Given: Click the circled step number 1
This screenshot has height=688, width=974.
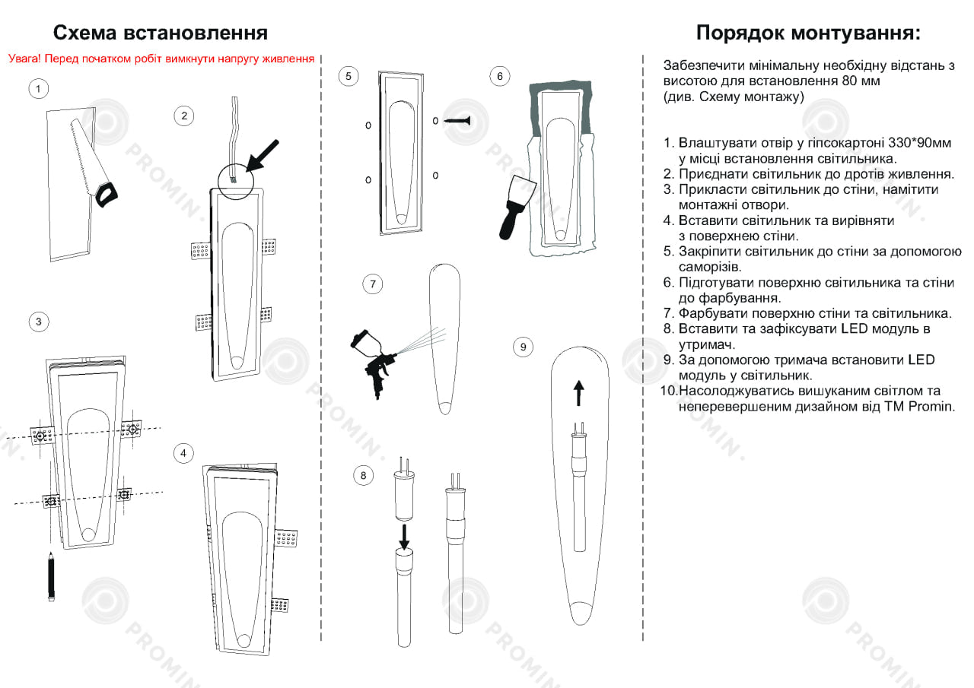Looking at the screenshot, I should coord(39,89).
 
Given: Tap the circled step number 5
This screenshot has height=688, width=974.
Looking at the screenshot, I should coord(348,76).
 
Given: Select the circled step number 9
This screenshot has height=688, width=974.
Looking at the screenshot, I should coord(523,347).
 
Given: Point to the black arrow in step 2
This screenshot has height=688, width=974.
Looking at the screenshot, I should coord(263,155).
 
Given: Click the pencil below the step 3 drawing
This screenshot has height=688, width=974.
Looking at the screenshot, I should coord(52,577).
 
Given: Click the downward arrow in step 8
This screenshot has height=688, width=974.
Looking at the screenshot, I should coord(404,536).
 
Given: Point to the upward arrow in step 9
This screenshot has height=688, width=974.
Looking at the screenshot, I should coord(578,394).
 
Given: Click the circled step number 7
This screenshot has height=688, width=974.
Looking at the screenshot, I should coord(372,284).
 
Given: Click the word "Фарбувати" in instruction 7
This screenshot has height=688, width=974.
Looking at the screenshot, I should coord(711,313).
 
